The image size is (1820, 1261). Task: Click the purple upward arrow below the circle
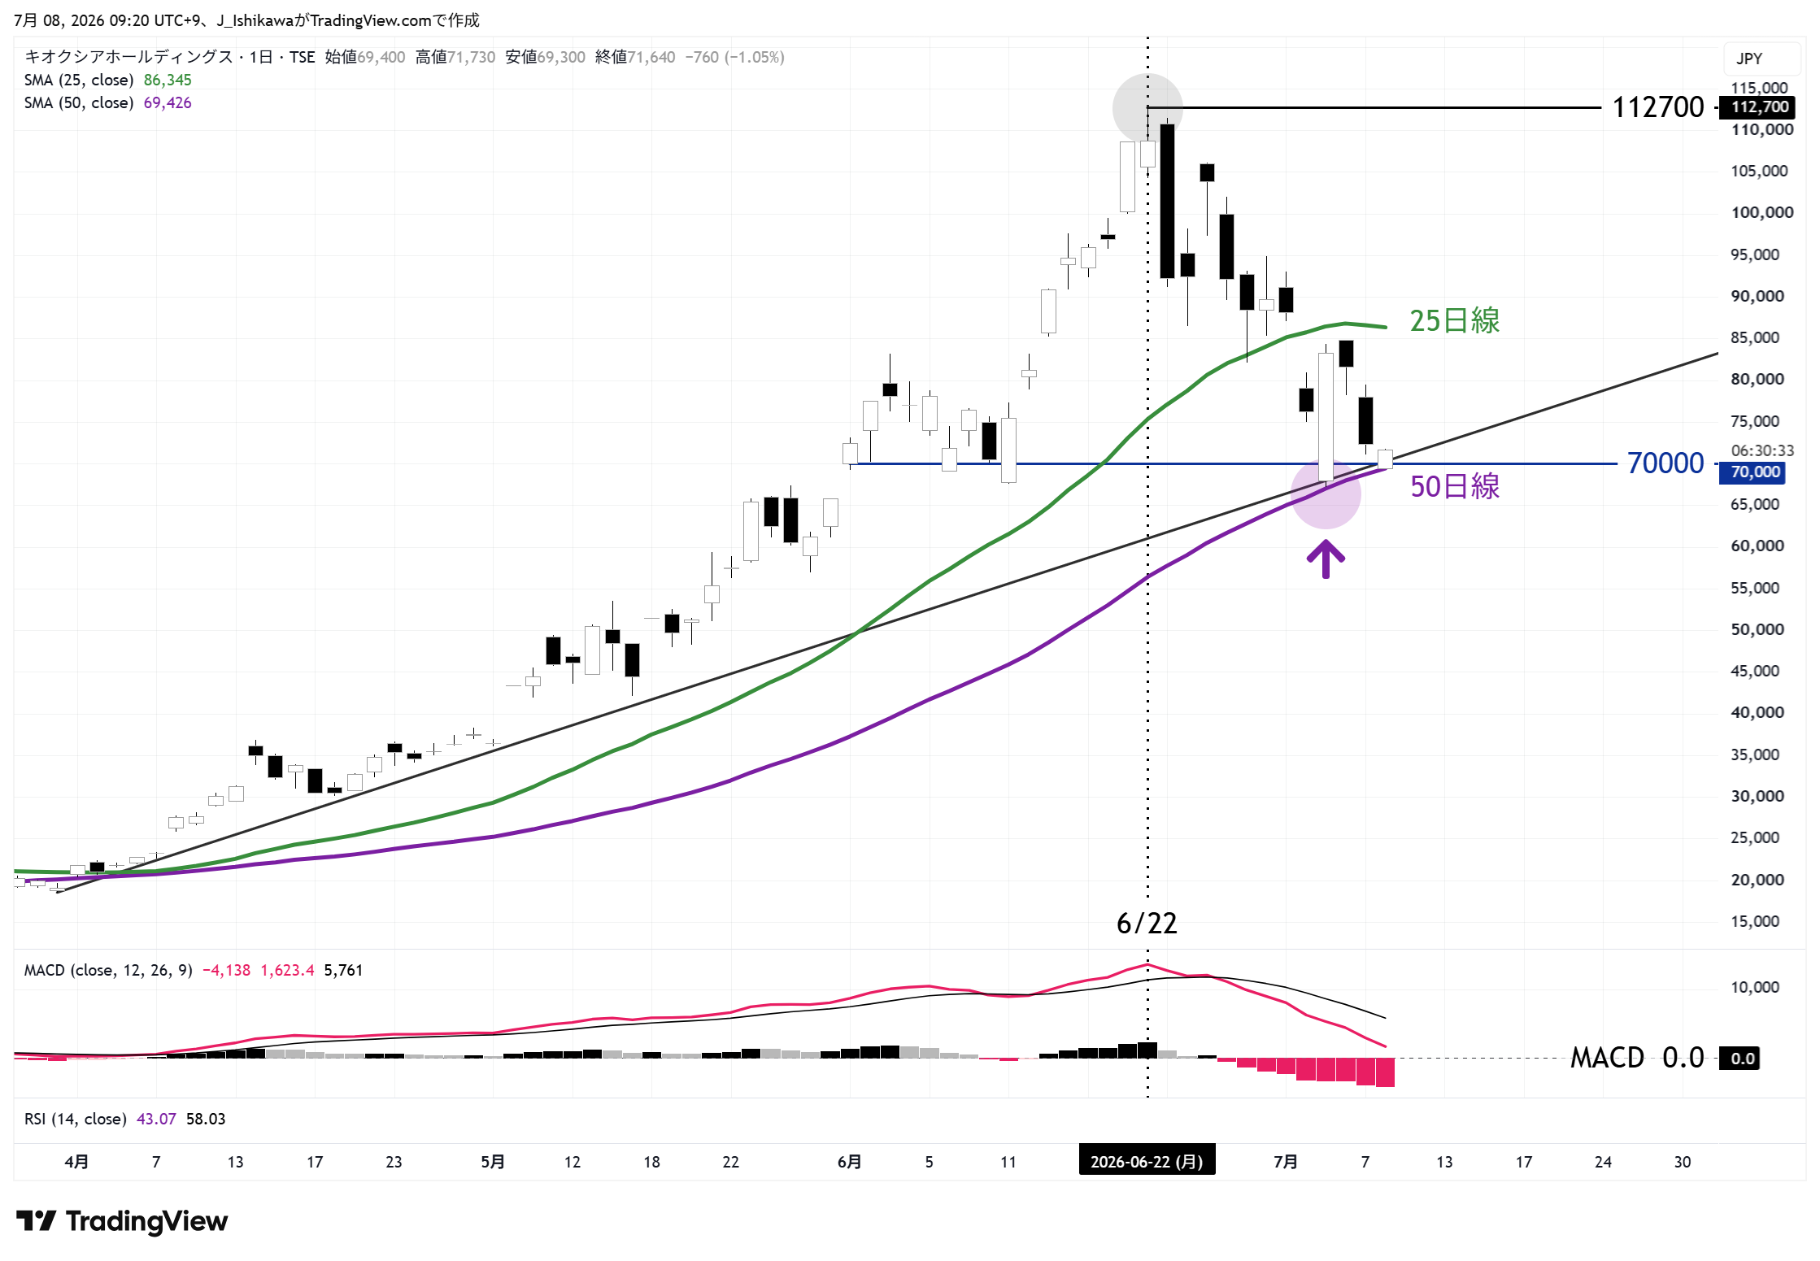click(x=1326, y=559)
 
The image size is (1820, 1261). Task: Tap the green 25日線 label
click(x=1454, y=320)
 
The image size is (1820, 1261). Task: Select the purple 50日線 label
click(x=1455, y=486)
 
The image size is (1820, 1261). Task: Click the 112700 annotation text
click(x=1657, y=107)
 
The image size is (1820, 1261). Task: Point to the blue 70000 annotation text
click(x=1665, y=463)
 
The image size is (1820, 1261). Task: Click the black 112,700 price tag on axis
click(x=1760, y=107)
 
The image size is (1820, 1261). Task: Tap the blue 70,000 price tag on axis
click(x=1754, y=472)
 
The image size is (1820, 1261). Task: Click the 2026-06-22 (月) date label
click(x=1147, y=1161)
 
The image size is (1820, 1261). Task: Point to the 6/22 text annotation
click(x=1147, y=923)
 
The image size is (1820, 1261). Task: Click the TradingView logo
click(x=122, y=1220)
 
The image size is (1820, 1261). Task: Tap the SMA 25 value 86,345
click(x=168, y=80)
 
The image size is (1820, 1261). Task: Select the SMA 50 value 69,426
click(x=168, y=102)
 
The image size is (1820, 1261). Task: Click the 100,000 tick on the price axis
click(x=1761, y=212)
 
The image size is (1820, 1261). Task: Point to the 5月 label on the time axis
click(x=492, y=1162)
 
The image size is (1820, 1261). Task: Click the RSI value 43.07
click(x=156, y=1119)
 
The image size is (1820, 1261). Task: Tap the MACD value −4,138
click(x=226, y=970)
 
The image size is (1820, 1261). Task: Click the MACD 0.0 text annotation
click(x=1636, y=1058)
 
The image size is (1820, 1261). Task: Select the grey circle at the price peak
click(x=1147, y=108)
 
